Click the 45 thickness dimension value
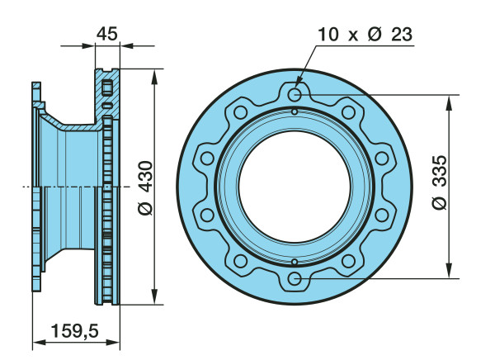coord(107,34)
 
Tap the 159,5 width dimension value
coord(75,330)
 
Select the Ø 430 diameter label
coord(145,188)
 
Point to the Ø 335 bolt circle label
coord(440,182)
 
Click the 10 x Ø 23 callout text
coord(365,34)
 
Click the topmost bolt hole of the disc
coord(295,94)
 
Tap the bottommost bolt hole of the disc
coord(295,279)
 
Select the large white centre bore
coord(295,187)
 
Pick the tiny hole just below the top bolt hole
coord(295,112)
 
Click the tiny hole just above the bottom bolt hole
coord(295,262)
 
